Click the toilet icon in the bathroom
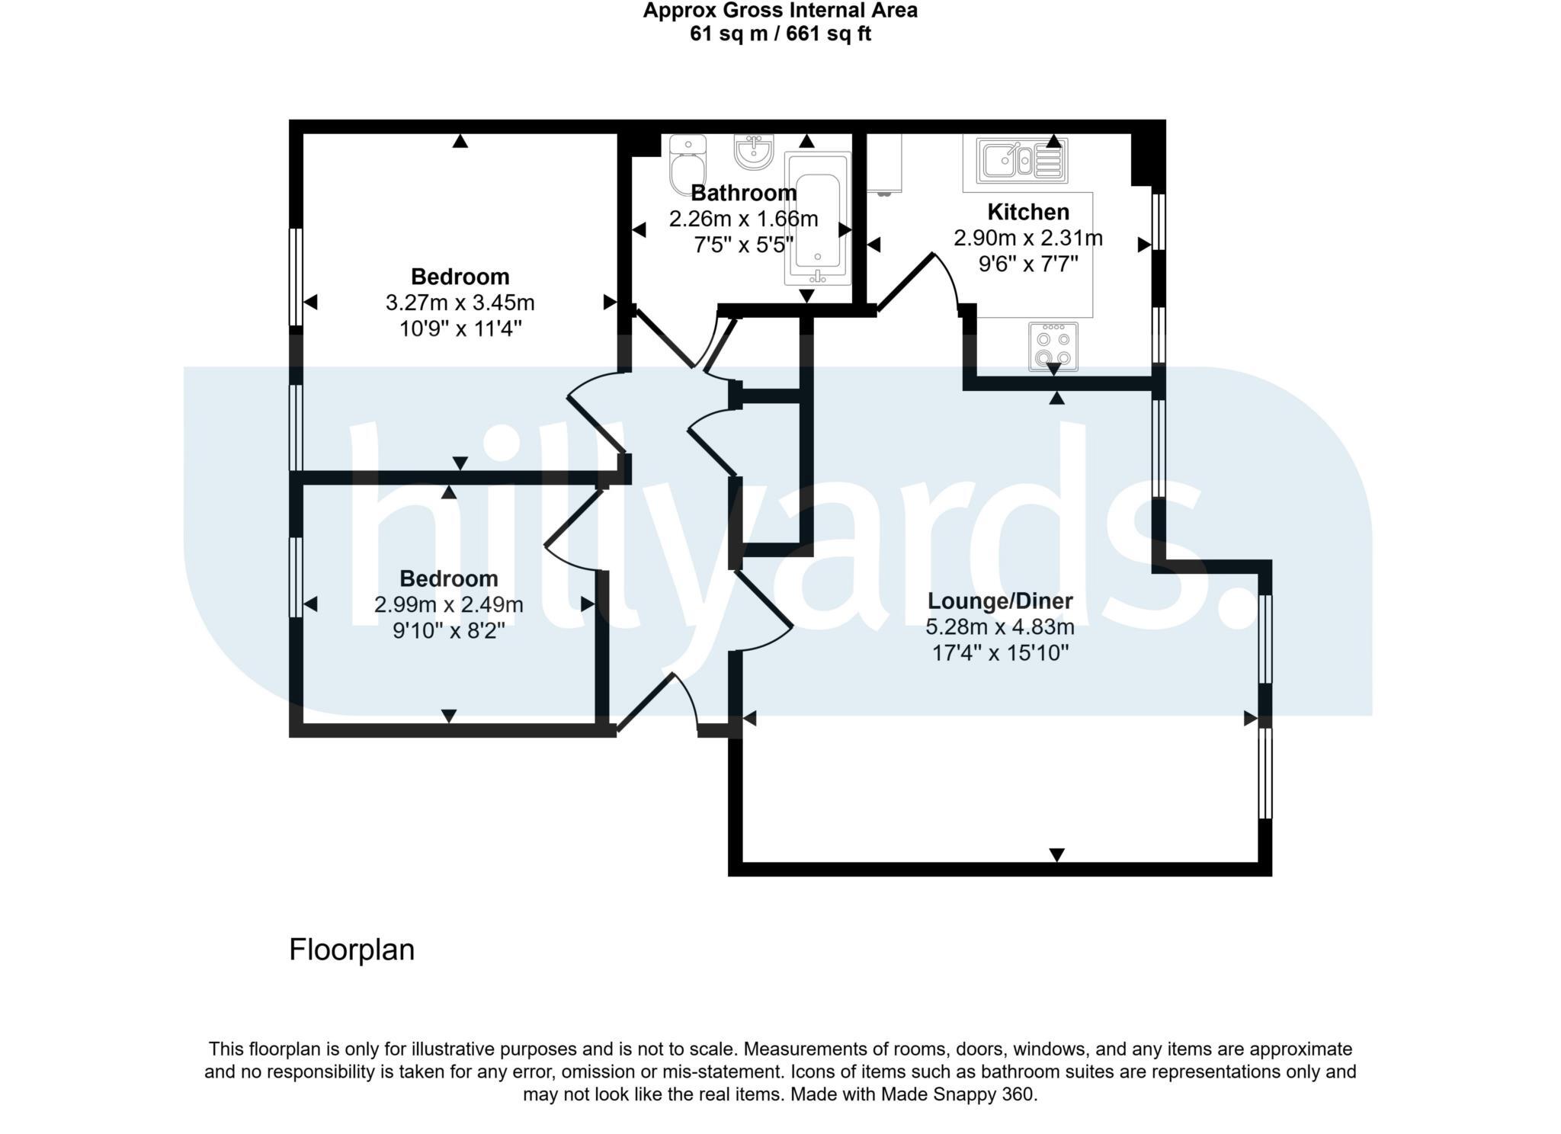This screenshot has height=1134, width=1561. coord(688,166)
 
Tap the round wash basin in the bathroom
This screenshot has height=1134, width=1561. coord(754,151)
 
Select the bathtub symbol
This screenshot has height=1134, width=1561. coord(817,219)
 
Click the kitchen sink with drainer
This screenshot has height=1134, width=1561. coord(1021,161)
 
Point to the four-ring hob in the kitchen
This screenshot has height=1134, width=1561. coord(1053,347)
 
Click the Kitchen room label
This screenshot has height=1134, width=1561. coord(1027,212)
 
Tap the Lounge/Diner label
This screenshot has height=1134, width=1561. coord(999,601)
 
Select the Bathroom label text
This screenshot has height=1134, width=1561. coord(743,193)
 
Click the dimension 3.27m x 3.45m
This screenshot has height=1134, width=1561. coord(460,303)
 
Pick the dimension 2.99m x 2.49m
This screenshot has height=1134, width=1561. coord(448,604)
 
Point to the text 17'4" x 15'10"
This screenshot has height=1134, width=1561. coord(1000,653)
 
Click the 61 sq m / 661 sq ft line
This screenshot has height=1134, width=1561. coord(780,34)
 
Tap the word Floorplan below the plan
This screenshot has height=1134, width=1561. coord(351,950)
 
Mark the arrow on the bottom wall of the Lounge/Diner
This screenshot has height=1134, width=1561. coord(1056,855)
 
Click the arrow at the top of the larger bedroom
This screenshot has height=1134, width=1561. coord(460,141)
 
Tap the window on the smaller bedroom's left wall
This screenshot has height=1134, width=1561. coord(296,577)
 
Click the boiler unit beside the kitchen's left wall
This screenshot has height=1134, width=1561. coord(884,163)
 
